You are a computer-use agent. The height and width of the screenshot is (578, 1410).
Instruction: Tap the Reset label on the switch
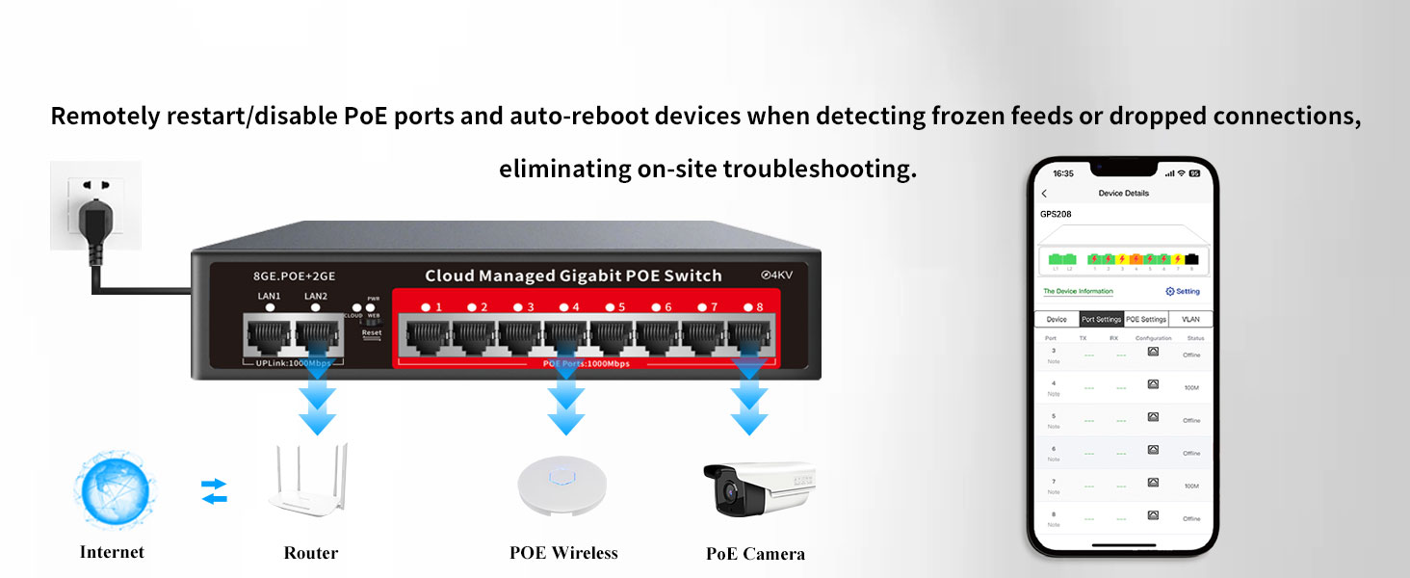(372, 333)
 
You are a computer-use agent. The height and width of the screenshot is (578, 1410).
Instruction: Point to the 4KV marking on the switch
(783, 276)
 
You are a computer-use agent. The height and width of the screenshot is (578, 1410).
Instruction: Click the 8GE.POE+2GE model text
(274, 276)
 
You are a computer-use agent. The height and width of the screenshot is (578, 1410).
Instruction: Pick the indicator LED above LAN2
(316, 308)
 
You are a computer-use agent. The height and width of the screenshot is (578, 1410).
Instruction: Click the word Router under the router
(311, 553)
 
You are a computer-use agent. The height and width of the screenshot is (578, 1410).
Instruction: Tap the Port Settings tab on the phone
(1101, 320)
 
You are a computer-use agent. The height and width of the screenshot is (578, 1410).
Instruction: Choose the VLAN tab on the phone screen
(1190, 320)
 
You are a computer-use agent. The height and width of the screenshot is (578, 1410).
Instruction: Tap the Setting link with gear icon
(1183, 291)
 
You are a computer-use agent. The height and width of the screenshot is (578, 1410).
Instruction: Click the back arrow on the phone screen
(1045, 194)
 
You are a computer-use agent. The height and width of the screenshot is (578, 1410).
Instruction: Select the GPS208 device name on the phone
(1056, 214)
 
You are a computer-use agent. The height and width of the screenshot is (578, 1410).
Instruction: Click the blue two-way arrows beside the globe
(214, 491)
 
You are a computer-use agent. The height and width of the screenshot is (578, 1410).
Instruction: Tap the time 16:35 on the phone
(1063, 174)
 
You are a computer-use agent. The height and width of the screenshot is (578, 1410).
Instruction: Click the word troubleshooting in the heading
(818, 170)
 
